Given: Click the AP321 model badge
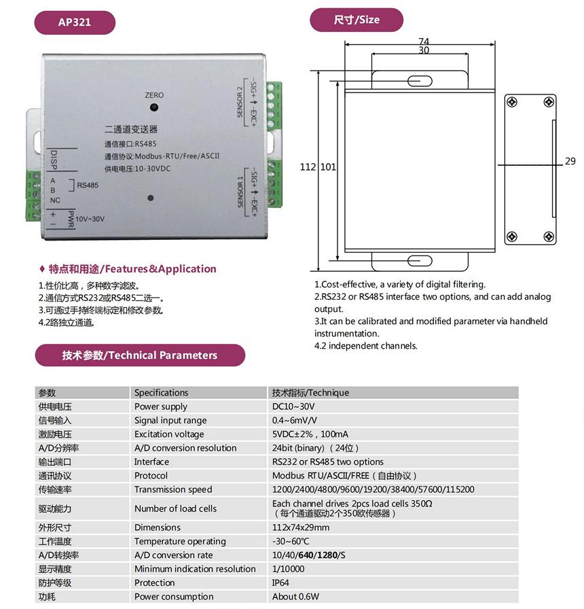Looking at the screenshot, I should [75, 22].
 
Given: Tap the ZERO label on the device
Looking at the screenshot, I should [154, 95].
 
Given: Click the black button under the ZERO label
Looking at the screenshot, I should [155, 107].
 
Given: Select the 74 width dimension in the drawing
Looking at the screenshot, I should [423, 41].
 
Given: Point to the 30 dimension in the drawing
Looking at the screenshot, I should [423, 51].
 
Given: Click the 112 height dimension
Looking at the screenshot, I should [308, 167].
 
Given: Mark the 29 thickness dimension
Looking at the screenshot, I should [570, 162].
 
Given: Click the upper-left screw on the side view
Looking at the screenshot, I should [512, 102].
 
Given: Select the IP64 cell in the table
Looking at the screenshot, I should [280, 582].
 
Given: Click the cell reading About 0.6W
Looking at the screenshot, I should [295, 597].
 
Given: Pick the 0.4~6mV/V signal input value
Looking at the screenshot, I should [295, 420].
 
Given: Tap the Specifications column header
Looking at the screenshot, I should [161, 392].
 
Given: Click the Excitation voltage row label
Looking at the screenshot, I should [169, 434].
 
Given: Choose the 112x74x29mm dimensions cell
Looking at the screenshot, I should [301, 527].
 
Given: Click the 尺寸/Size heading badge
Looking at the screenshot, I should [357, 20].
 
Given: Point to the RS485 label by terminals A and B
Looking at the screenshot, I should [88, 185].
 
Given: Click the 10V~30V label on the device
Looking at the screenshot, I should [90, 219].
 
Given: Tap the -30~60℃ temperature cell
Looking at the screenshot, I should [291, 541].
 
